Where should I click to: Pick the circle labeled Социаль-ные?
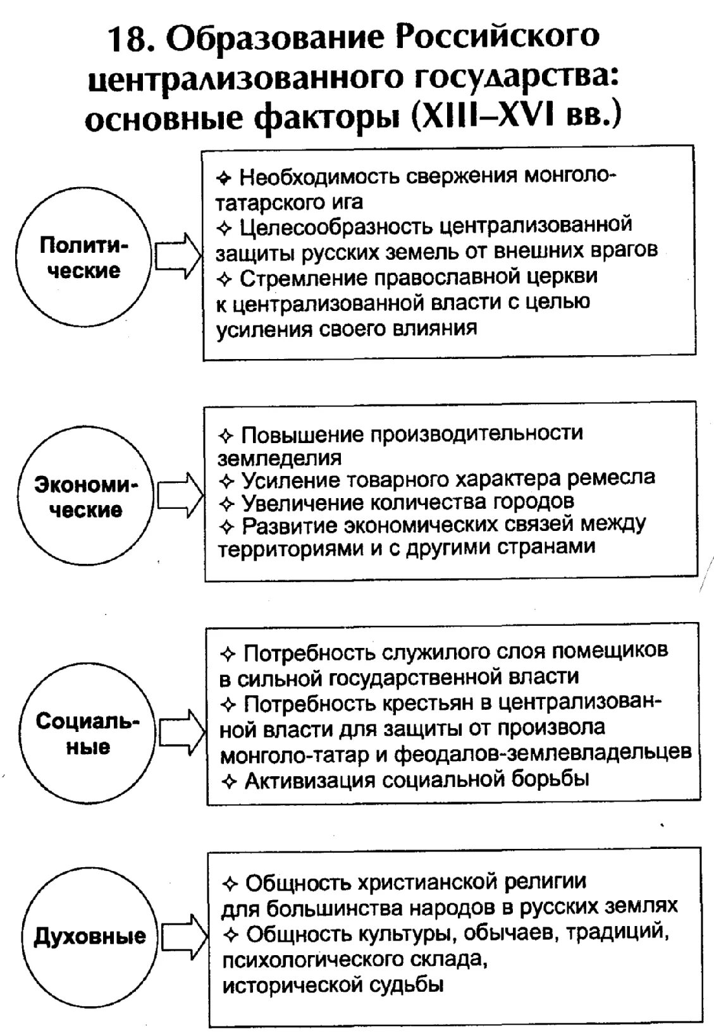(87, 734)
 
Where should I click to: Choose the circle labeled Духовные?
(89, 936)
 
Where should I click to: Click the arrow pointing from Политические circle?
(178, 256)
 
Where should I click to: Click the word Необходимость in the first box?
(319, 177)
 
